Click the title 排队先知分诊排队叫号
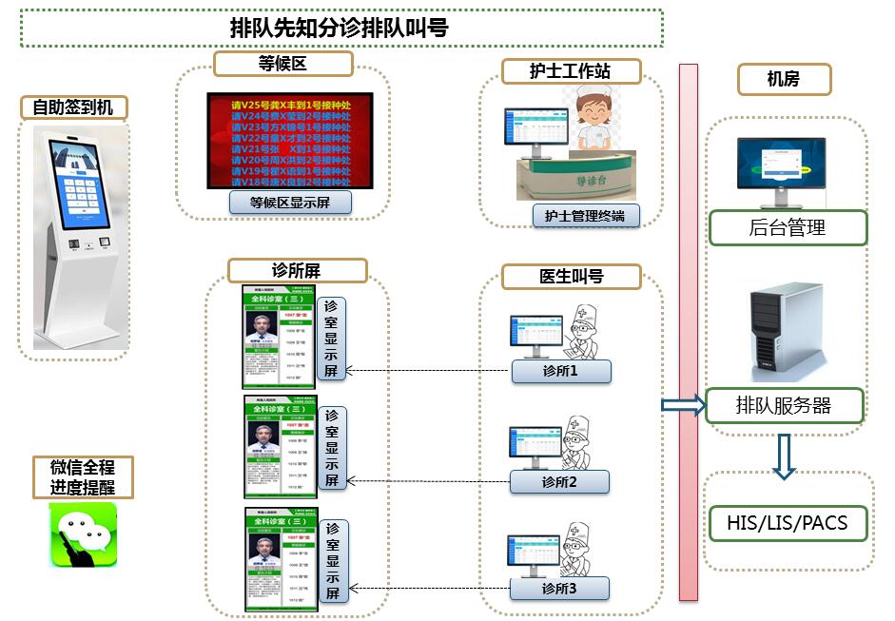(340, 29)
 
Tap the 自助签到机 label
(73, 107)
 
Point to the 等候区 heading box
(282, 64)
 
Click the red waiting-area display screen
(290, 141)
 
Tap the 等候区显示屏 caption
(290, 203)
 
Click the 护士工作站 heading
(570, 71)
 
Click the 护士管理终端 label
(585, 216)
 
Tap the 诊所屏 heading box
(298, 271)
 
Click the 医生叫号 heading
(571, 277)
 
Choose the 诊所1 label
(560, 371)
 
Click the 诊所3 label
(559, 589)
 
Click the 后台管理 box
(788, 228)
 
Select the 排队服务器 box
(784, 406)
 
